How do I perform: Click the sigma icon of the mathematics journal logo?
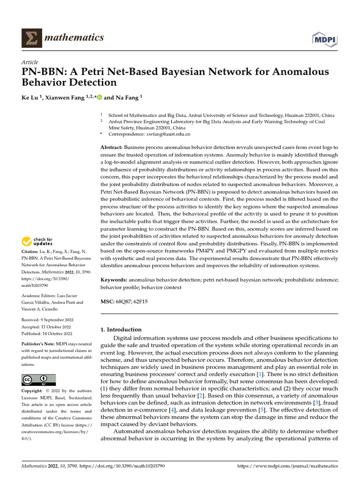coord(31,37)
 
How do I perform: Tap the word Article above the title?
coord(30,62)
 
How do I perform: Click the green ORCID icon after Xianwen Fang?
coord(99,97)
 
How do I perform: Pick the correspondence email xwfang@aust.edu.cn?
coord(169,134)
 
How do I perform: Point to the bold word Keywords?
coord(114,279)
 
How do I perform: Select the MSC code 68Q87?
coord(123,302)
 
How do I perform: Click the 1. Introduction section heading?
coord(121,330)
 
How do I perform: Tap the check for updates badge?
coord(37,242)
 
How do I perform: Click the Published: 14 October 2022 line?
coord(47,333)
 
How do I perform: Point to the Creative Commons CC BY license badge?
coord(38,380)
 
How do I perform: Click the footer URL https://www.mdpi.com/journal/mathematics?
coord(288,466)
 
